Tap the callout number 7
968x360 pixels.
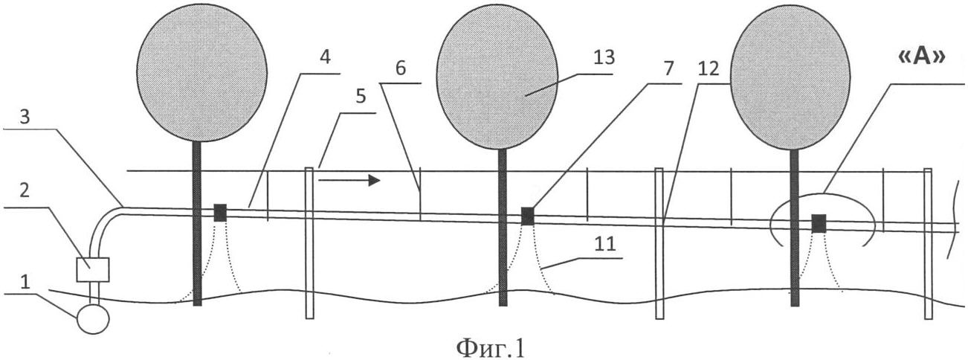coord(668,70)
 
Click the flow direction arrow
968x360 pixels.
coord(349,180)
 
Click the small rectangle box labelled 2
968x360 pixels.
coord(93,269)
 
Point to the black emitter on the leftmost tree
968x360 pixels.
coord(220,213)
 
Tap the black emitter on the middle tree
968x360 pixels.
coord(527,216)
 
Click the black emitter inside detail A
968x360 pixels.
coord(819,222)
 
